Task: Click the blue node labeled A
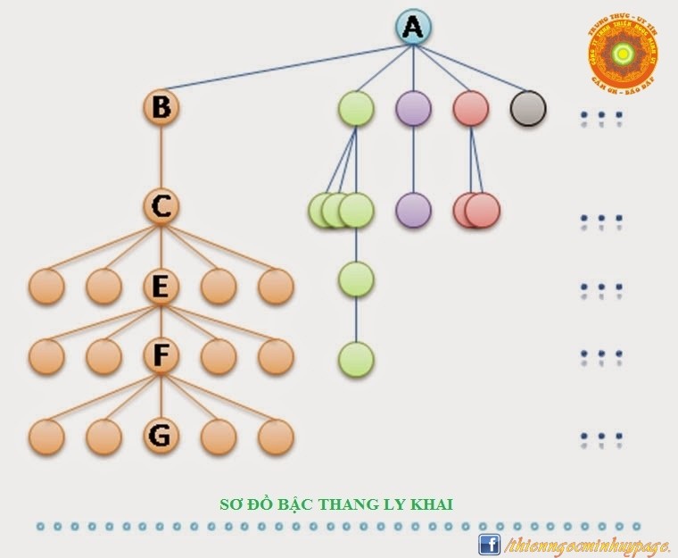412,28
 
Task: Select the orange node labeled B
161,108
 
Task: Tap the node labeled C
161,207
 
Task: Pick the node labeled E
161,287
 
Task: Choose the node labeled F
161,355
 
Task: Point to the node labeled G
161,436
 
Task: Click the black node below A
528,108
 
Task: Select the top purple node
413,108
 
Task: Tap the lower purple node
413,210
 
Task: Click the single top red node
471,108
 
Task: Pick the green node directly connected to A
356,108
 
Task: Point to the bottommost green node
356,360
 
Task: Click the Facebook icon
489,544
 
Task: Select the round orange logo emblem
622,54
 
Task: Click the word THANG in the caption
359,504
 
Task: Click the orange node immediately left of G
103,436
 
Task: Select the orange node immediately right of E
219,287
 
